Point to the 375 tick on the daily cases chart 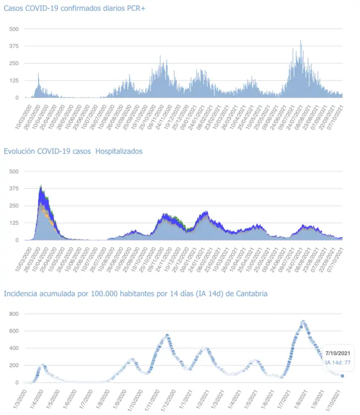(13, 46)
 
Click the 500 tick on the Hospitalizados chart (13, 171)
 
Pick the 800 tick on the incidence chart (13, 314)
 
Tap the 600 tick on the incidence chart (13, 331)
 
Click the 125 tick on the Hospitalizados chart (13, 223)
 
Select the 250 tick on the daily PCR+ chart (13, 63)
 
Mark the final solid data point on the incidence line (342, 376)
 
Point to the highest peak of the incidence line (303, 322)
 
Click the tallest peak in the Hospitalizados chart (41, 186)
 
